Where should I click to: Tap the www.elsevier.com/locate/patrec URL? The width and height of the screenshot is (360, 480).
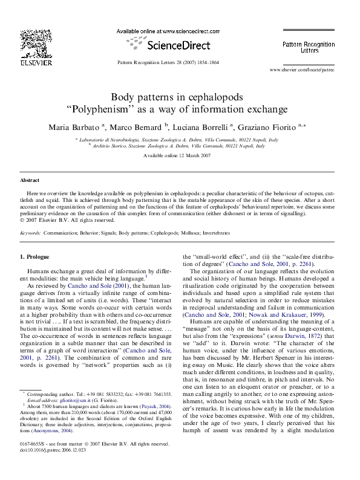tap(301, 70)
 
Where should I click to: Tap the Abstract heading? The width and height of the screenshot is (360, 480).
tap(30, 180)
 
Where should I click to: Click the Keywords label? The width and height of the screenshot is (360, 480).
tap(31, 232)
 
